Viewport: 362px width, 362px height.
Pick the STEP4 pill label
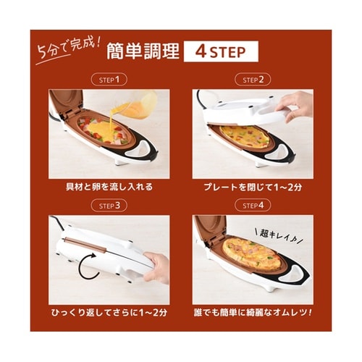coord(252,205)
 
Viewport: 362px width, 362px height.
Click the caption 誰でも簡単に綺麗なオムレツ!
coord(252,313)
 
